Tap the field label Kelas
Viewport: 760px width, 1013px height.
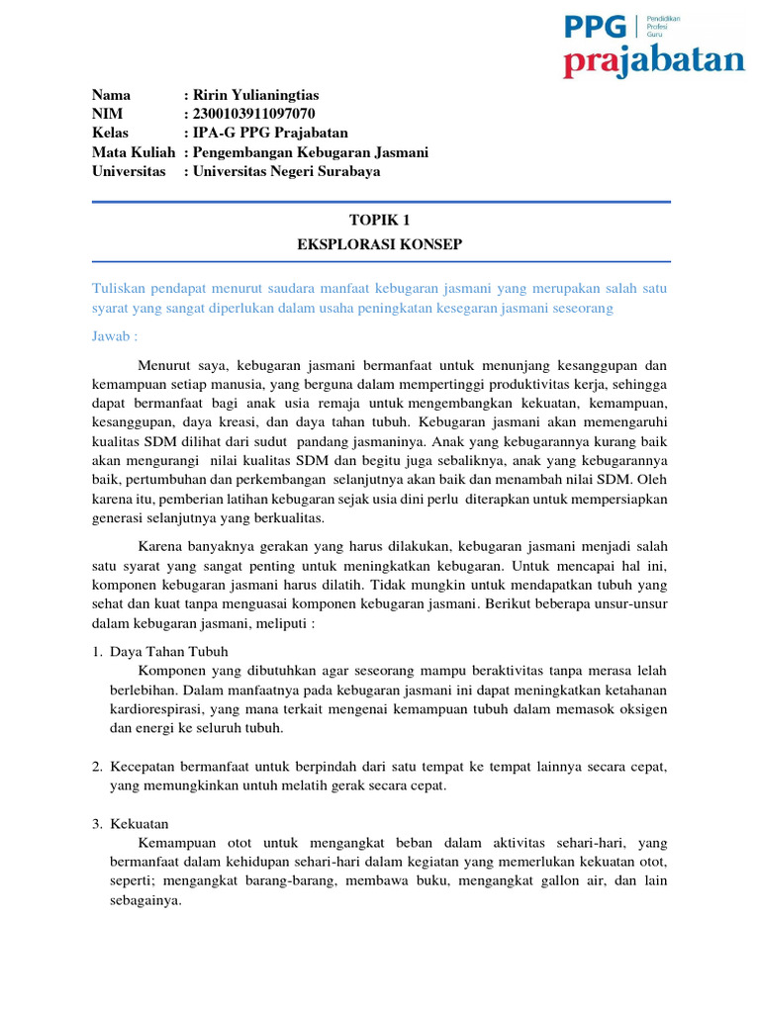click(x=111, y=133)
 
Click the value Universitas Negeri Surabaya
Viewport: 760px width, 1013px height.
click(x=287, y=171)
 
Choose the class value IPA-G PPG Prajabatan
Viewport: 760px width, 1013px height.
click(x=270, y=133)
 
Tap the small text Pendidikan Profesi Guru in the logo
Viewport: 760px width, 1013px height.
click(x=663, y=26)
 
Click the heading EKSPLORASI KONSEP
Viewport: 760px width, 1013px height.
click(x=380, y=243)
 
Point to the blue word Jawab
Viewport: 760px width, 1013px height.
click(x=113, y=336)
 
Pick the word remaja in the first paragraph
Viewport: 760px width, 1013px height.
click(x=335, y=404)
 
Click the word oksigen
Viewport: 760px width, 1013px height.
click(x=642, y=709)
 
